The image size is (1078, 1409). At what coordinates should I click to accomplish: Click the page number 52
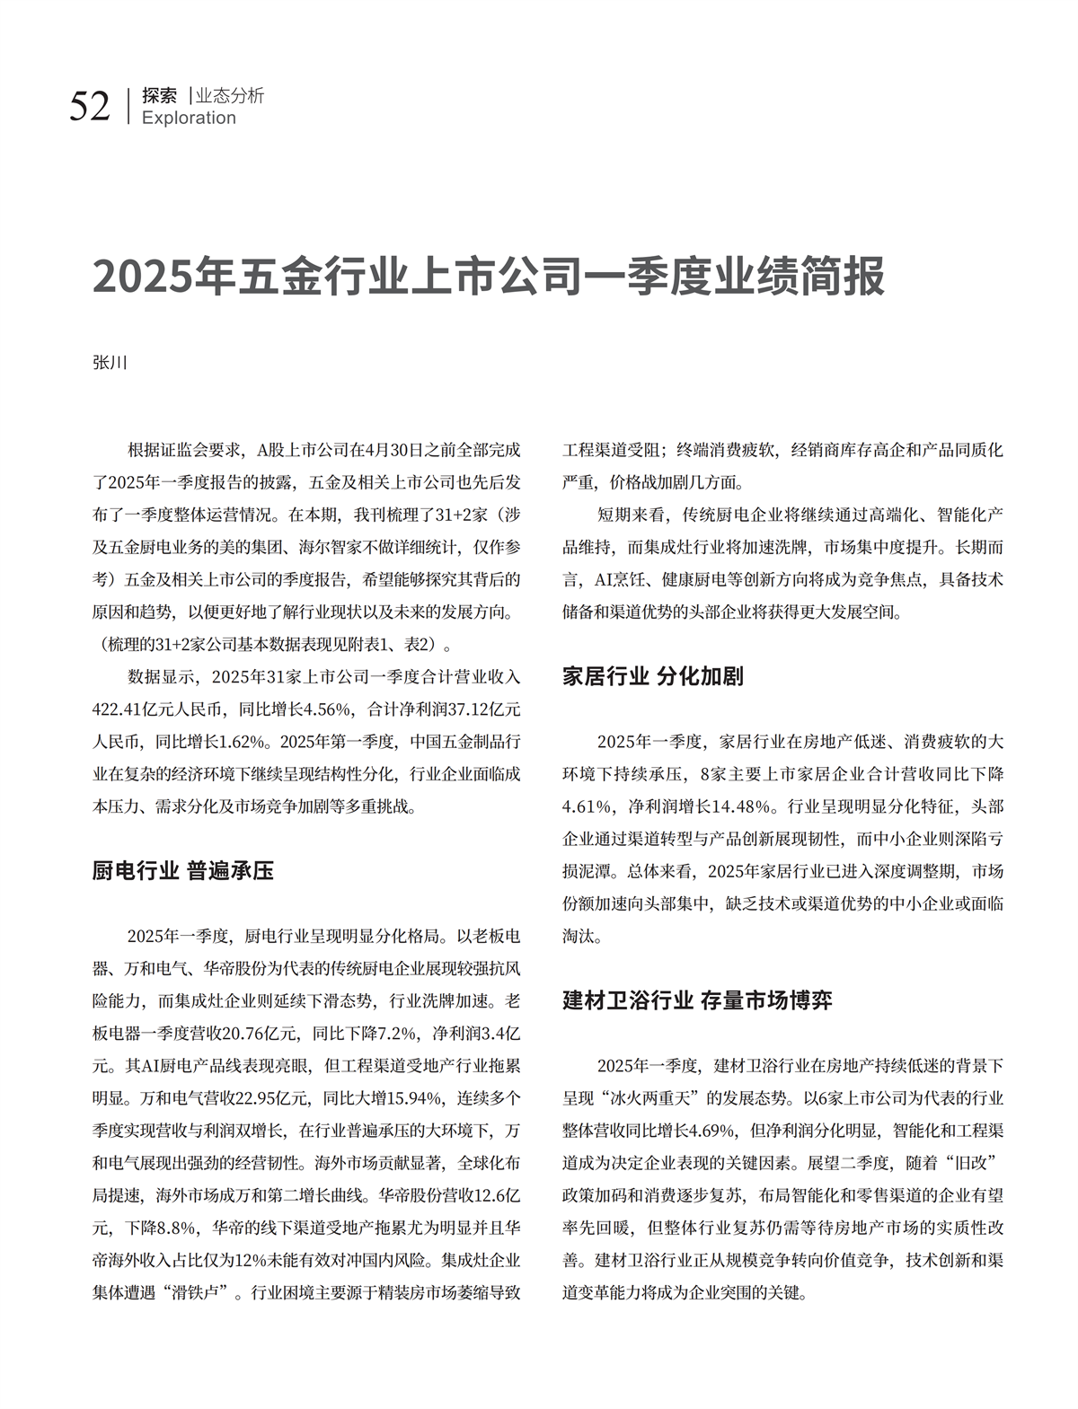point(90,106)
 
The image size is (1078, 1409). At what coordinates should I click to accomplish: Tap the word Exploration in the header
point(189,118)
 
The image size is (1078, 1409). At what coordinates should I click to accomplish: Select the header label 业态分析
point(230,95)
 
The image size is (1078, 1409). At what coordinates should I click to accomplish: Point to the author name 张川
point(110,363)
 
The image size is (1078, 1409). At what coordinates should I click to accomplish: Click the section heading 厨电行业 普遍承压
point(183,870)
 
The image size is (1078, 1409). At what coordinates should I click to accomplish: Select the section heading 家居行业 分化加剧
point(653,676)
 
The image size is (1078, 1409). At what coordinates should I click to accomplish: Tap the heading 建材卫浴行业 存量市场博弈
point(697,1000)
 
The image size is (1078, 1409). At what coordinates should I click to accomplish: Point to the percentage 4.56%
point(326,709)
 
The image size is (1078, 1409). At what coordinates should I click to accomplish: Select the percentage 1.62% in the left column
point(239,742)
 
